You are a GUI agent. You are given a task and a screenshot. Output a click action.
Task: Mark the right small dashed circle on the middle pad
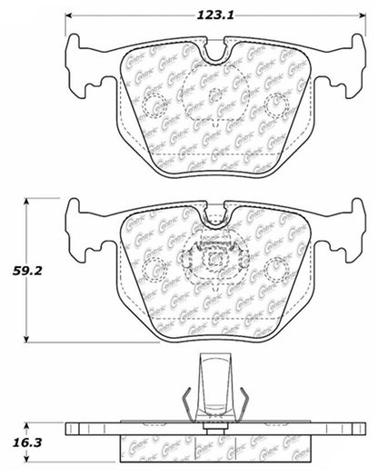point(276,266)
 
